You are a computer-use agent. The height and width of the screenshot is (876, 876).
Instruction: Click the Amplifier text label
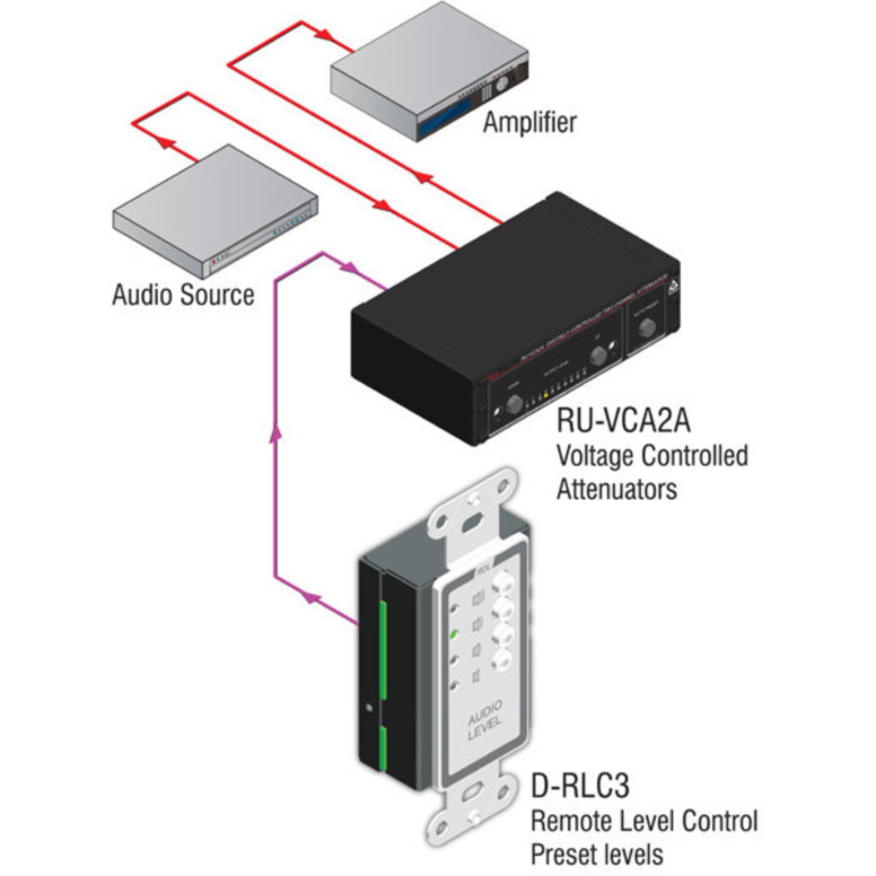(529, 123)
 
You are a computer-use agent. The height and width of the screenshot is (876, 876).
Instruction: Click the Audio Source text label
(183, 295)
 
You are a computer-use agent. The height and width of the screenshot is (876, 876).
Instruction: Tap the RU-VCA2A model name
(623, 420)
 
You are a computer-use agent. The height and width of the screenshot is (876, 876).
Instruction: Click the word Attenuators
(617, 490)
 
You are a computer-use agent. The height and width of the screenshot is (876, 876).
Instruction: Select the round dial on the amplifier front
(502, 84)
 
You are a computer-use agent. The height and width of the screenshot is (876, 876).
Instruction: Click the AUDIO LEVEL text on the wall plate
(484, 727)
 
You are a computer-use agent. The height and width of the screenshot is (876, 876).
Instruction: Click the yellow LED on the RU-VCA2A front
(546, 395)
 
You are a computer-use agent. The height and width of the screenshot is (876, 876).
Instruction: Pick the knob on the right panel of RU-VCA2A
(647, 328)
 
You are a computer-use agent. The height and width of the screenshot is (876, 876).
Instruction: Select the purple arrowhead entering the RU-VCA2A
(349, 268)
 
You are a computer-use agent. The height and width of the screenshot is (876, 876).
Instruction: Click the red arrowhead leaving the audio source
(166, 143)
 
